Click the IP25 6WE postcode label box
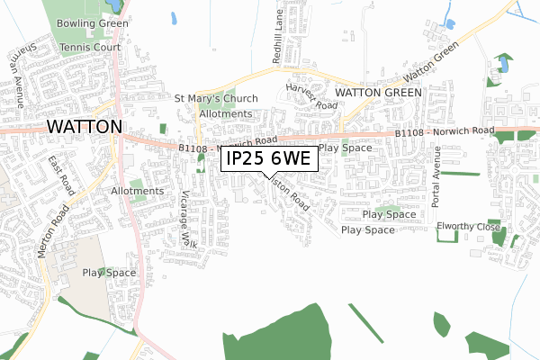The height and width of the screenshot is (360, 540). click(269, 158)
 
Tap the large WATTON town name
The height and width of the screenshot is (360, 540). click(83, 127)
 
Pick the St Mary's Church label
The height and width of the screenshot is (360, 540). click(217, 99)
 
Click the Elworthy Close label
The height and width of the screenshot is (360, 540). click(468, 226)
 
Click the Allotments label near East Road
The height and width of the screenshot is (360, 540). click(138, 191)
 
